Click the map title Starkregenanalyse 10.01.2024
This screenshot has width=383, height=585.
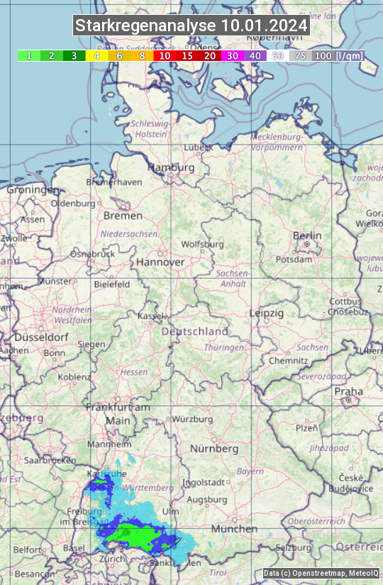(x=191, y=26)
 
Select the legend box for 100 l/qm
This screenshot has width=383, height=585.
(x=323, y=55)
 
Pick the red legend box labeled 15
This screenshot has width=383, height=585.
(x=187, y=55)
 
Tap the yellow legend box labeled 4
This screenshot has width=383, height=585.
(x=96, y=55)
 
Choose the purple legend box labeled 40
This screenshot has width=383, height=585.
(x=255, y=55)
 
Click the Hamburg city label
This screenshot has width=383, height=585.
(x=171, y=168)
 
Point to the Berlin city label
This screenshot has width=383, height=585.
(x=307, y=236)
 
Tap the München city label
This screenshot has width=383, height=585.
(x=233, y=529)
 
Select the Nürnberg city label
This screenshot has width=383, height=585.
(x=214, y=449)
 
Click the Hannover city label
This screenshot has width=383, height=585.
(x=160, y=262)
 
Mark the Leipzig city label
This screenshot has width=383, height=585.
(x=267, y=313)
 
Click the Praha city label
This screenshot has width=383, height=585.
(x=348, y=391)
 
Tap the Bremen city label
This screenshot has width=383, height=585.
(x=123, y=216)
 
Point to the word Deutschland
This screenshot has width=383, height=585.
(x=195, y=331)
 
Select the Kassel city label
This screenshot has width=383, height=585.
(x=150, y=316)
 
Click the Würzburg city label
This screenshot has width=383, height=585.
(x=192, y=419)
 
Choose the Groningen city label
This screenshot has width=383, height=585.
(x=33, y=190)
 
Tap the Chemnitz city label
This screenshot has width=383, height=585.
(x=288, y=360)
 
